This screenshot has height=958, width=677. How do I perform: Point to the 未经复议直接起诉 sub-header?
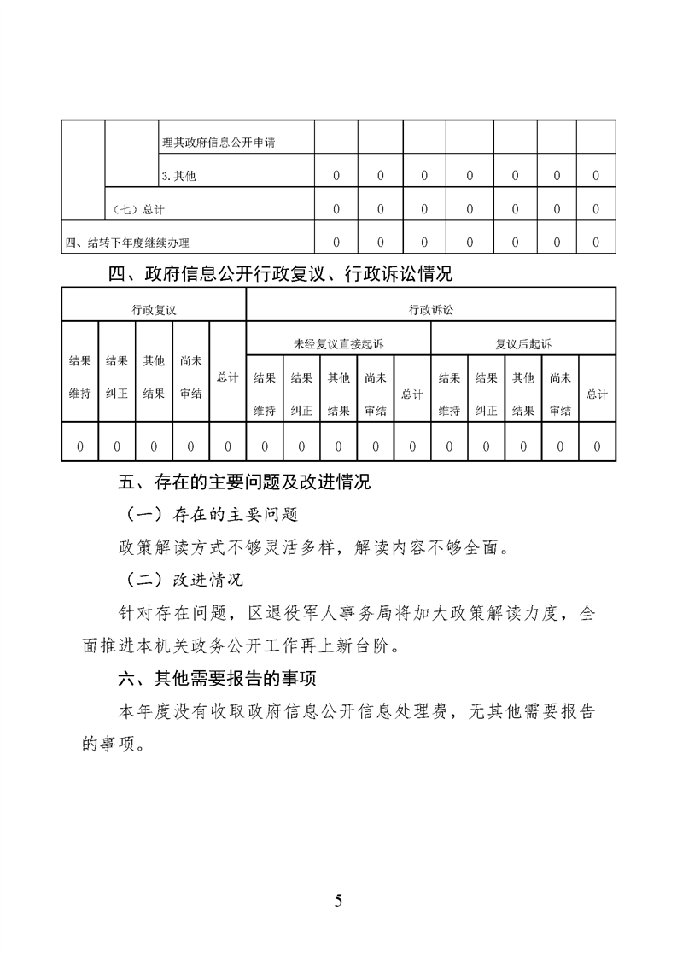[338, 343]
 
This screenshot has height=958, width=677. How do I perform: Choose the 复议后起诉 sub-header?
[523, 343]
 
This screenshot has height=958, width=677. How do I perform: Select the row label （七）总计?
[139, 209]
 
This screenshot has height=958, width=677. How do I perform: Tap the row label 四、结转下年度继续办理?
[127, 242]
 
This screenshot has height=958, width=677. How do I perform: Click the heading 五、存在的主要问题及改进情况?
[244, 482]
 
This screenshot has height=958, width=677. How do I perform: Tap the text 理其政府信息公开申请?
[224, 143]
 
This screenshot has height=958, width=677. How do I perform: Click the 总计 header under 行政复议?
[227, 377]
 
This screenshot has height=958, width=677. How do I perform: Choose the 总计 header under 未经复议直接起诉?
[412, 393]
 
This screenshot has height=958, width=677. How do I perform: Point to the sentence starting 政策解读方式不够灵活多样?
[312, 547]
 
